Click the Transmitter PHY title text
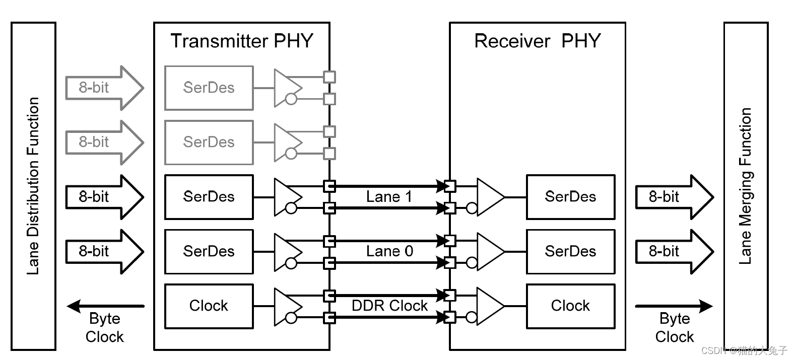242,41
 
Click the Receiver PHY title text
537,41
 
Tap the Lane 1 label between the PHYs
389,197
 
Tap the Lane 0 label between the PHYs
389,251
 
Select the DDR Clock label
389,306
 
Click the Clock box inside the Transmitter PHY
209,306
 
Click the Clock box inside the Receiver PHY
570,306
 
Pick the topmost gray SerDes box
209,88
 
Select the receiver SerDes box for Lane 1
570,197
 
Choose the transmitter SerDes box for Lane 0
209,251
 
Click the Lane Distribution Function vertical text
33,186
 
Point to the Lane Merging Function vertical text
746,186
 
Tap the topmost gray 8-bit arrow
103,88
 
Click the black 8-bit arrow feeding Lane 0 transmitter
103,251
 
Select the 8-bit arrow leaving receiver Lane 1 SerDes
673,197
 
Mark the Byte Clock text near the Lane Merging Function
675,327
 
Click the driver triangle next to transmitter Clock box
286,306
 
